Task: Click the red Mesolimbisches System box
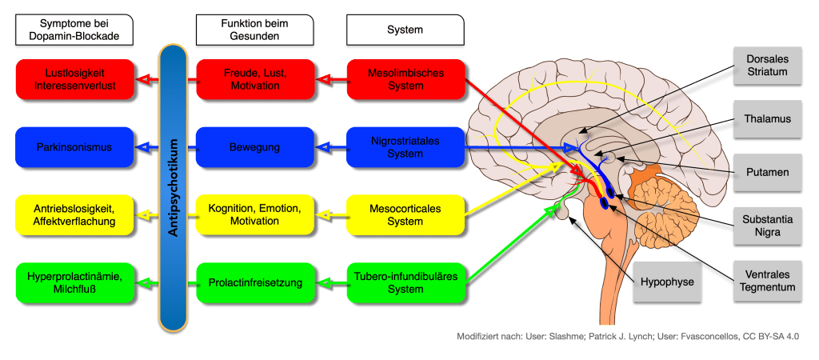406,78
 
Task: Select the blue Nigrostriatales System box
406,146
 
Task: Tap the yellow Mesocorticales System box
406,214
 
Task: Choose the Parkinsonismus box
74,146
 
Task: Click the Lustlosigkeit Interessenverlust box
74,78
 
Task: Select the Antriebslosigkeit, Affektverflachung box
74,214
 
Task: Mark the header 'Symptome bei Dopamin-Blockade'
74,30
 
